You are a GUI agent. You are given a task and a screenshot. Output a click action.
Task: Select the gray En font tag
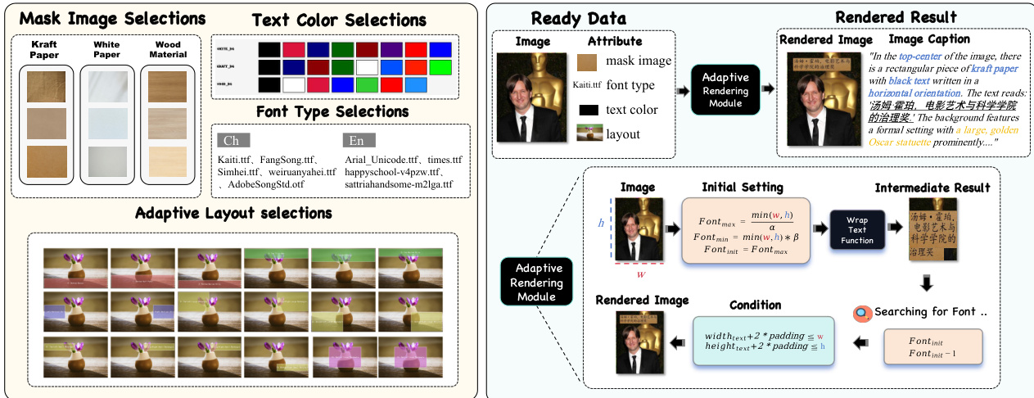pos(359,140)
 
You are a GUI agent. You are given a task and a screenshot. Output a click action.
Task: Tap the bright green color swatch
pos(440,67)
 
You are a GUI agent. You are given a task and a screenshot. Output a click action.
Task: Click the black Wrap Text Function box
pos(858,229)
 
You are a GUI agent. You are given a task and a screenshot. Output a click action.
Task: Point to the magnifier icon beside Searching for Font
pos(860,312)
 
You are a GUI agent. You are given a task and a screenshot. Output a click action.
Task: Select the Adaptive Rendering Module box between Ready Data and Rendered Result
pos(725,89)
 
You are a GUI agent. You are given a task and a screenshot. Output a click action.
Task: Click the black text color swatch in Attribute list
pos(589,110)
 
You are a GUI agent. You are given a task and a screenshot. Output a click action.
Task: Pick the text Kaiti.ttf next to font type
pos(587,85)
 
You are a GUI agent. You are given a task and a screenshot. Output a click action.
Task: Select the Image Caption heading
pos(929,38)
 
